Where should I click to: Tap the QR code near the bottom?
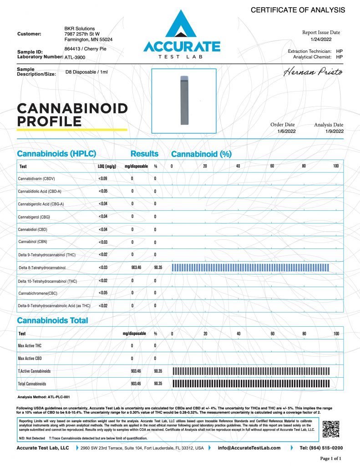point(331,429)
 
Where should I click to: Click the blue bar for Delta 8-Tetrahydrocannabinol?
point(250,267)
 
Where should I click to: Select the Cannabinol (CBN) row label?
point(34,242)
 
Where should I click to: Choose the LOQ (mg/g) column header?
point(107,167)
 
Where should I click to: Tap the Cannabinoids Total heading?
point(52,320)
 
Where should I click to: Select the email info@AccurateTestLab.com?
point(249,448)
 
